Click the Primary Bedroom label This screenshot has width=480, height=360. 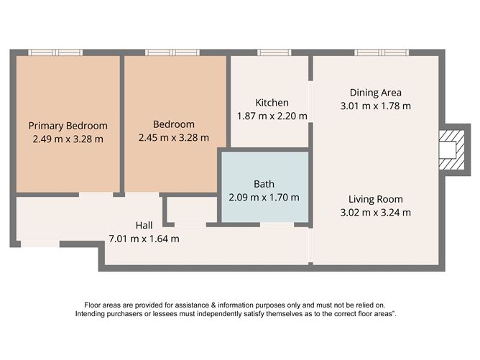[x=68, y=126]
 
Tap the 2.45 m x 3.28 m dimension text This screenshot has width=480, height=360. [x=174, y=138]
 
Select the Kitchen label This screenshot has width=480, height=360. [x=272, y=103]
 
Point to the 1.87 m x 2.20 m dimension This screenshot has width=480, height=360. [x=272, y=116]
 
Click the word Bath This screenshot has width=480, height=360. [x=264, y=184]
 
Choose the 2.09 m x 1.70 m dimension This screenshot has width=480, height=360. [x=264, y=198]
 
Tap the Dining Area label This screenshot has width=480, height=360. [x=376, y=93]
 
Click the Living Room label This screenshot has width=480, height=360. [x=376, y=199]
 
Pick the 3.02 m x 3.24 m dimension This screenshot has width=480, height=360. [x=376, y=213]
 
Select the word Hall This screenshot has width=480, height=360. [x=144, y=226]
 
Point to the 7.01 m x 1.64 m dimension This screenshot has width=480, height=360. [x=144, y=239]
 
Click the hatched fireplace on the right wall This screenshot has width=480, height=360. [x=451, y=150]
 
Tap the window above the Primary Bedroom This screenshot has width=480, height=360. [x=55, y=52]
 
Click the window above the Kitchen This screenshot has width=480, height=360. [x=274, y=52]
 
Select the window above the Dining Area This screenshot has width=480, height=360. [x=382, y=52]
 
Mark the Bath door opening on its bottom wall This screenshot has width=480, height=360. [x=277, y=225]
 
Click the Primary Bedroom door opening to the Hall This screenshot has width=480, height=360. [x=96, y=195]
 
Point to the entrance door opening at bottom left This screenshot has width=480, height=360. [x=40, y=244]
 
